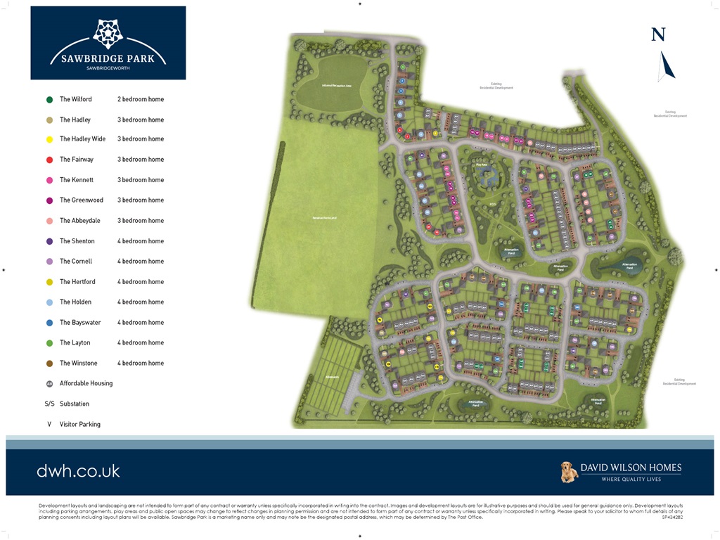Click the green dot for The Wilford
click(x=49, y=100)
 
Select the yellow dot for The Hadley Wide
click(x=49, y=139)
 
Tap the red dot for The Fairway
click(x=49, y=160)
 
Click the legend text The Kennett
click(x=77, y=180)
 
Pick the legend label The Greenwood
click(x=82, y=200)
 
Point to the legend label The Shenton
click(x=77, y=241)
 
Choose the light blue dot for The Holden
click(x=49, y=302)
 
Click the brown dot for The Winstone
click(x=49, y=364)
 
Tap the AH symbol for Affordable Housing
click(x=49, y=384)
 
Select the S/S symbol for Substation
click(x=49, y=404)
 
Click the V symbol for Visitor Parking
click(x=49, y=425)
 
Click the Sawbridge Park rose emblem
click(x=108, y=32)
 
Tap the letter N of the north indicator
click(x=658, y=34)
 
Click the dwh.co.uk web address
click(x=78, y=471)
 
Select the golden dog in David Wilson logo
click(x=569, y=472)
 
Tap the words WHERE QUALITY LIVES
click(x=631, y=480)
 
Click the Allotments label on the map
click(x=332, y=378)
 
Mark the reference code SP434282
click(x=671, y=517)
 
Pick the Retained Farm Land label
click(x=325, y=218)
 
